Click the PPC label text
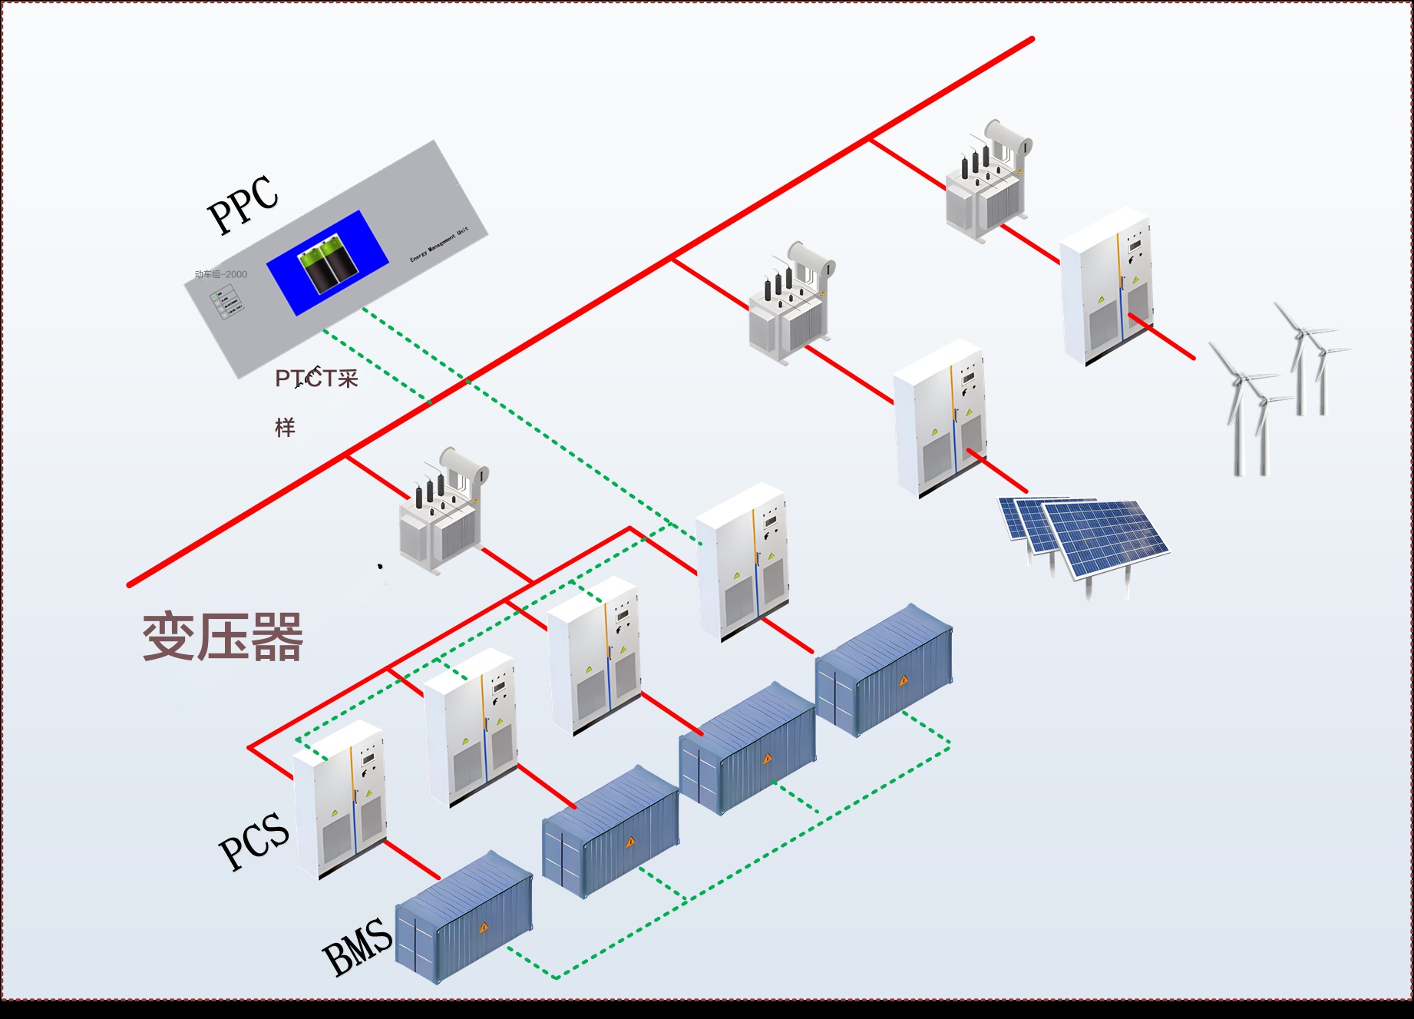pos(243,203)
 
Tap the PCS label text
pos(254,842)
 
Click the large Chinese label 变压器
pos(223,637)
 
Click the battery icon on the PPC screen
pos(329,264)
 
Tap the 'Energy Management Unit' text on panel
pos(438,245)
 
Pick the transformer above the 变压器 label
pos(441,511)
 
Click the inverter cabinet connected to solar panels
pos(940,419)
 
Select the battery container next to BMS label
pos(464,918)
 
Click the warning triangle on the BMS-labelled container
pos(484,928)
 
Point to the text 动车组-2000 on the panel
pos(221,274)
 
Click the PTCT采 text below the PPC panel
pos(316,379)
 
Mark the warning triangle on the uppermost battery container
pos(904,680)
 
